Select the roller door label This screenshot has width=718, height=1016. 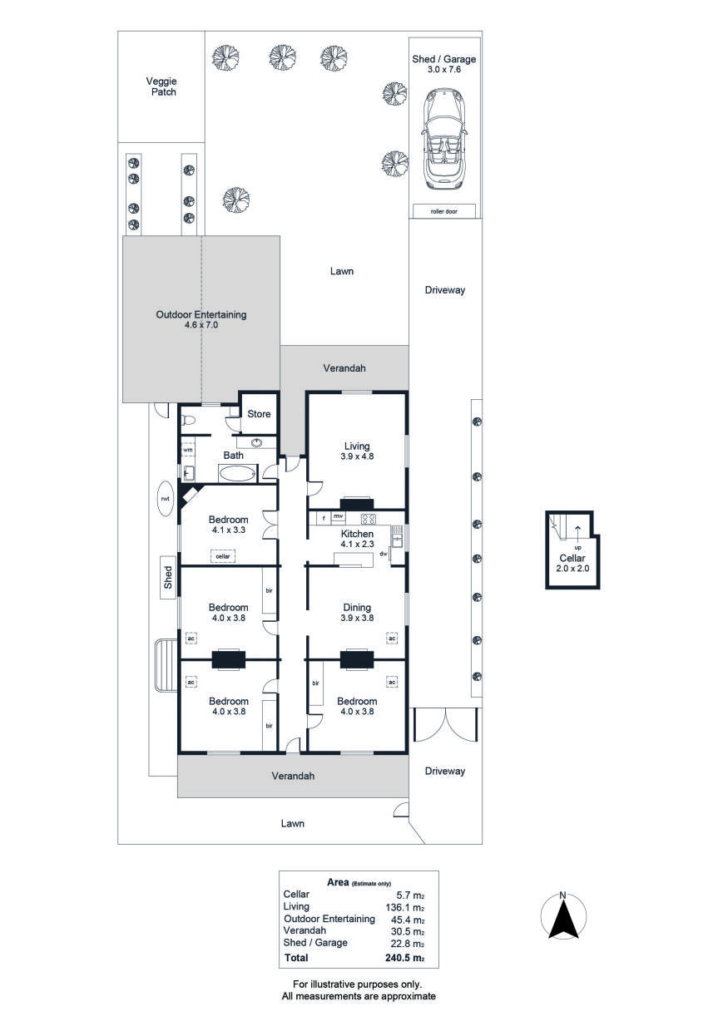(444, 212)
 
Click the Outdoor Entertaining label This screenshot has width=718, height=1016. (201, 320)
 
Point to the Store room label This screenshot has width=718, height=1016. (258, 413)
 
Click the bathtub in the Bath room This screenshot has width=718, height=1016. (239, 474)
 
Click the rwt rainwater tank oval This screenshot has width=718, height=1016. (166, 498)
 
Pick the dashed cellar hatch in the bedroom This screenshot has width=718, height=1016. (222, 555)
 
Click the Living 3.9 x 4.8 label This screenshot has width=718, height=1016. (356, 452)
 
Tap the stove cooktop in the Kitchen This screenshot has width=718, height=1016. (369, 517)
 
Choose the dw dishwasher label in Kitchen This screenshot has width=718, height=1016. (384, 553)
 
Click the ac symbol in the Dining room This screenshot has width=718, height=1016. (391, 638)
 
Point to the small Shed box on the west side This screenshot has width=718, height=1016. (168, 577)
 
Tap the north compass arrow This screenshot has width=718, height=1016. (563, 919)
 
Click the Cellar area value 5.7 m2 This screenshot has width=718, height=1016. (410, 894)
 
